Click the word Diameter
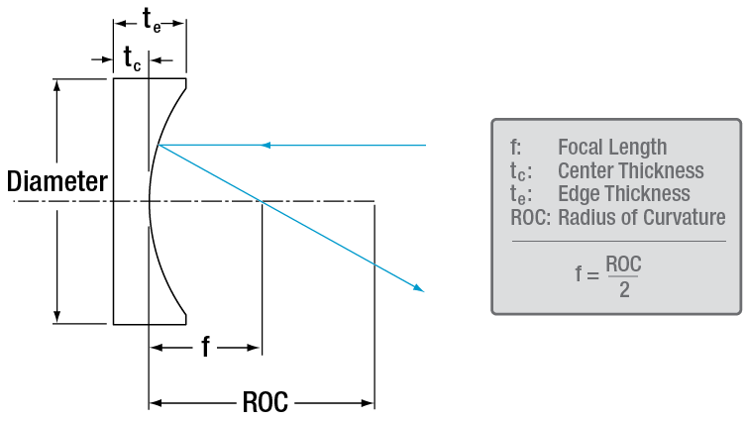(56, 182)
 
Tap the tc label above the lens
(133, 59)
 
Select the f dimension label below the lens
(205, 348)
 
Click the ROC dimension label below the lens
(265, 403)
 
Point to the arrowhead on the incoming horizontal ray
(266, 146)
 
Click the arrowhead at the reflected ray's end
(420, 288)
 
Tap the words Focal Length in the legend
(612, 148)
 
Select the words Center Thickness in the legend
(631, 171)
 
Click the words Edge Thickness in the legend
(624, 194)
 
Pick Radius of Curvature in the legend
(642, 218)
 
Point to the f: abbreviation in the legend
(515, 148)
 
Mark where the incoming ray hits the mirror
(159, 146)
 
